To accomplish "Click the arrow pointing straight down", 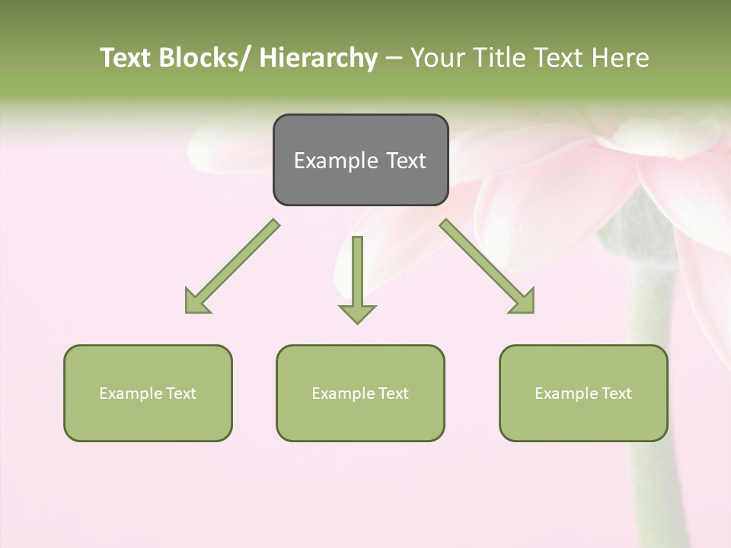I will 357,278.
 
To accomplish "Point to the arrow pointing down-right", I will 487,266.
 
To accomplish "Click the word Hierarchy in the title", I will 318,58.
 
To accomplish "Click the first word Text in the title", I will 125,58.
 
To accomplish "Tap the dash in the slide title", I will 394,59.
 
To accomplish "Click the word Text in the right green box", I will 615,393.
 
